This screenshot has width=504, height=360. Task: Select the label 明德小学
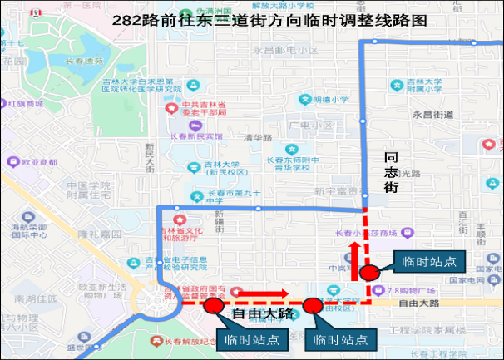point(332,100)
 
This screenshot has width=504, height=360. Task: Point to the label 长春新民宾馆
point(204,135)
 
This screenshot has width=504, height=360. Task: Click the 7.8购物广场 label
point(414,290)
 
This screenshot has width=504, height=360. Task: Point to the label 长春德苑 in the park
point(86,61)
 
